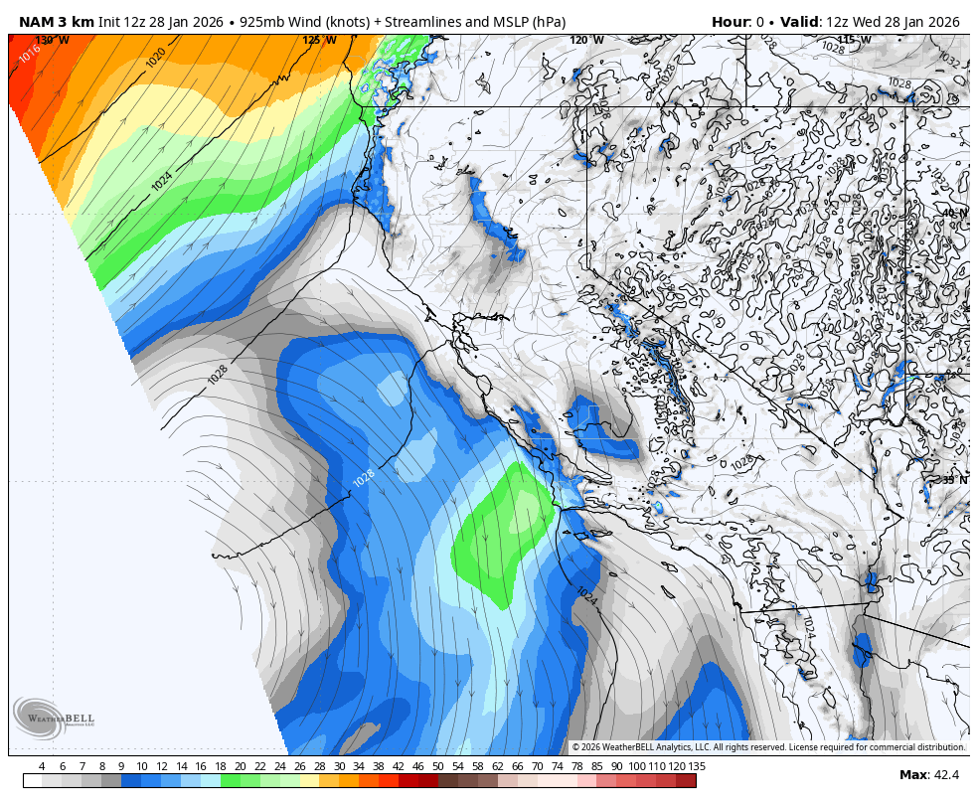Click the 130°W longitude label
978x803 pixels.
[52, 41]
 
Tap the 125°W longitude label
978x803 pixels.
[319, 41]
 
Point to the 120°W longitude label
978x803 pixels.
[586, 41]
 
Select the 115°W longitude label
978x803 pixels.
[853, 41]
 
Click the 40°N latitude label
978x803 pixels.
[954, 214]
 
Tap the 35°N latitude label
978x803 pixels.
[954, 481]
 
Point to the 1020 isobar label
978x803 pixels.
[156, 58]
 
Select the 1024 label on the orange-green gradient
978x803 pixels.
[162, 182]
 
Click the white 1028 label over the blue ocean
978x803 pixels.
[364, 478]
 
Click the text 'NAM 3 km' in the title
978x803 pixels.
[56, 22]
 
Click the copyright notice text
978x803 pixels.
[768, 747]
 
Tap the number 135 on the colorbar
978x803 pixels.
[697, 766]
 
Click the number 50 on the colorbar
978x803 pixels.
[437, 766]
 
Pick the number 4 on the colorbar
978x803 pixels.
[41, 766]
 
